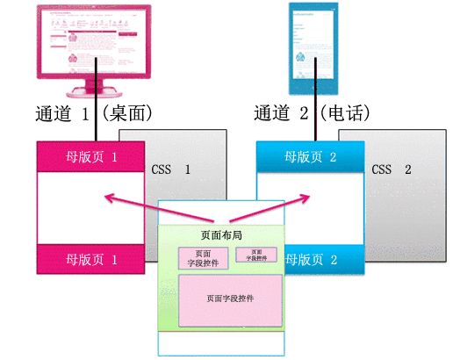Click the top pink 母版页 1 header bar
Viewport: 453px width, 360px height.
(90, 158)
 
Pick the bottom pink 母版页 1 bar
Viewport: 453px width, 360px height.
(90, 260)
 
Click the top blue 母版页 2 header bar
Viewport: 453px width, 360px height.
(311, 158)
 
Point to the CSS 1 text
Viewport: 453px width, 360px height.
(171, 169)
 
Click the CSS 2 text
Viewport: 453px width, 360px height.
(392, 169)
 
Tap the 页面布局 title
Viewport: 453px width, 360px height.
(220, 236)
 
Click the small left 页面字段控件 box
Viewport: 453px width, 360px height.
(202, 256)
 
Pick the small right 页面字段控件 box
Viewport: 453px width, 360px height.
(256, 255)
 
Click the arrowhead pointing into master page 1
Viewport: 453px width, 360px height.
(106, 198)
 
